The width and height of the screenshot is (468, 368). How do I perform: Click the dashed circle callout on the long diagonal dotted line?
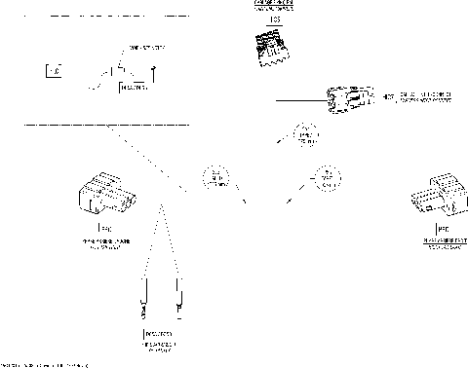(x=214, y=176)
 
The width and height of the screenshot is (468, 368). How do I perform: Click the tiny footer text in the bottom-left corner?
(x=44, y=363)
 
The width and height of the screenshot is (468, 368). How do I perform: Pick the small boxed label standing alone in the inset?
(x=54, y=70)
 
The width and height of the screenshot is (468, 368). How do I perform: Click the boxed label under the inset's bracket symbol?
(x=134, y=88)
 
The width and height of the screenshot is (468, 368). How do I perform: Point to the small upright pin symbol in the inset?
(x=154, y=68)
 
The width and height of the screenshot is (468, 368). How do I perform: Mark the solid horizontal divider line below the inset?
(x=105, y=125)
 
